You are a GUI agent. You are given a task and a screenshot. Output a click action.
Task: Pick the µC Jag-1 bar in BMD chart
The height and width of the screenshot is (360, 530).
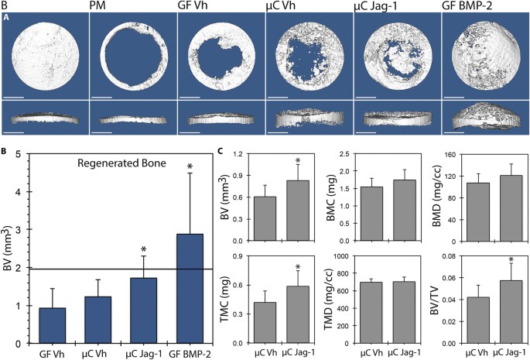point(503,204)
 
